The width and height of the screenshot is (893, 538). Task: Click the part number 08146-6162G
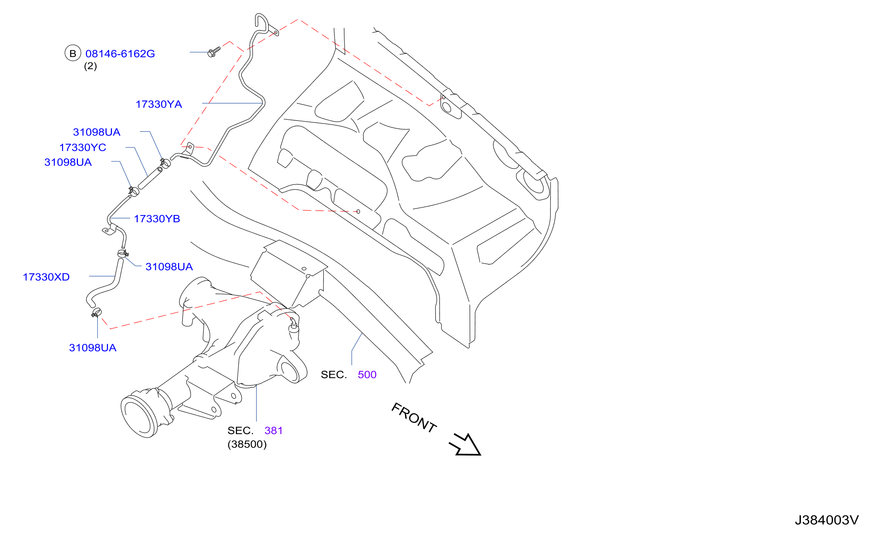(120, 54)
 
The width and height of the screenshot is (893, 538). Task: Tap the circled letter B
(72, 53)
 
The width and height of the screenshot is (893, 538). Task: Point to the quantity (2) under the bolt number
(90, 66)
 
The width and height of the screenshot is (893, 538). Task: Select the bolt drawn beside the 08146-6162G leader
(214, 52)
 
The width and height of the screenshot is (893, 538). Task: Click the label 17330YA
(159, 104)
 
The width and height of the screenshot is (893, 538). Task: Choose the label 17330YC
(83, 148)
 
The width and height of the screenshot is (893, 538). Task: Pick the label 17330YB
(157, 219)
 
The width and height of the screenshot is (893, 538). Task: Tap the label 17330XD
(46, 277)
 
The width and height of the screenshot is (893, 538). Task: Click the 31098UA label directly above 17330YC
(96, 132)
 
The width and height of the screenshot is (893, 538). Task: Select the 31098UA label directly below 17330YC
(68, 162)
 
